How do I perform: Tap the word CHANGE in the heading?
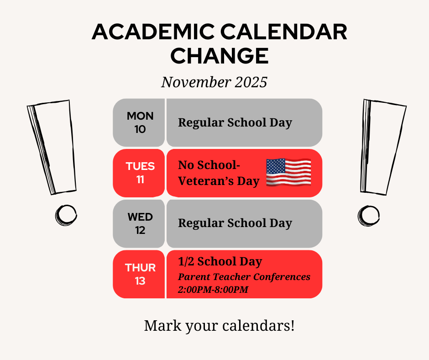[220, 56]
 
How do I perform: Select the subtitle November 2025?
[214, 82]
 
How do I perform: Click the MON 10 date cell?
[139, 122]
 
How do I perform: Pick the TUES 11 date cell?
[139, 173]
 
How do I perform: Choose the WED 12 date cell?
[139, 223]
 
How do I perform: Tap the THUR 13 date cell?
[139, 274]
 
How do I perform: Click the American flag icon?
[288, 173]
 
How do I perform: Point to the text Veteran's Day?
[219, 181]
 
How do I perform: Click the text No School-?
[209, 165]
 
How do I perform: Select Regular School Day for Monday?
[235, 122]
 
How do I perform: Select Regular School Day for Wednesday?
[235, 223]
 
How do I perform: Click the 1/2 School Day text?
[220, 261]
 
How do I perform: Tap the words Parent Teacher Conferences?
[244, 277]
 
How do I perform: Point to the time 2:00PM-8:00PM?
[213, 289]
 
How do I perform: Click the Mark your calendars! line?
[220, 326]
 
